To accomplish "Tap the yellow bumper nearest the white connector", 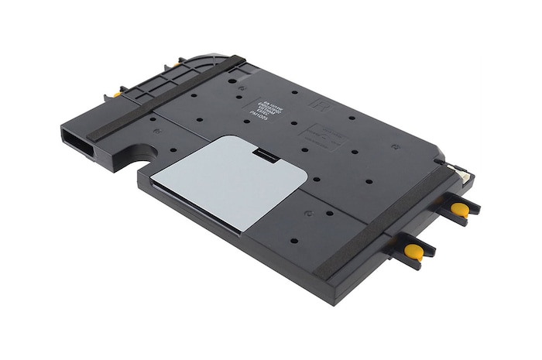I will point(460,208).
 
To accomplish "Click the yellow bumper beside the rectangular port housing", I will point(116,94).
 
